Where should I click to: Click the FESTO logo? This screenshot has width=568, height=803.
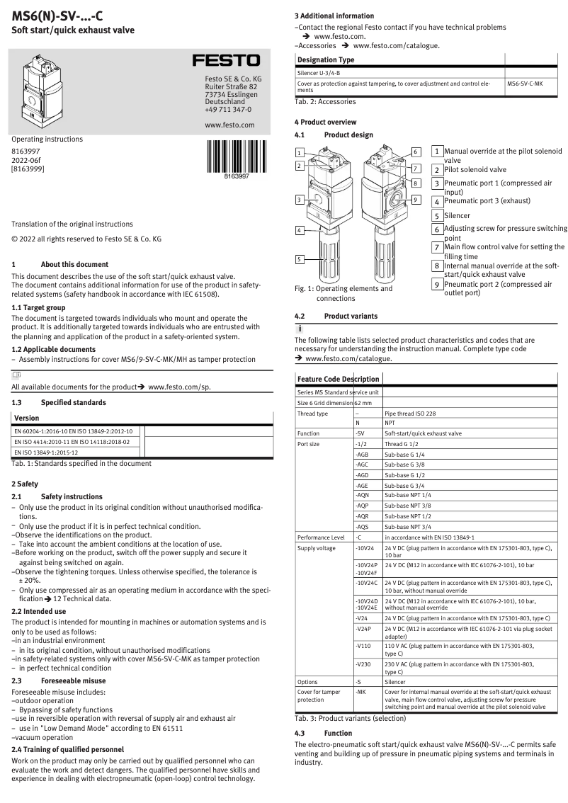point(227,62)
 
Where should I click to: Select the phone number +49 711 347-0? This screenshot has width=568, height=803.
point(228,110)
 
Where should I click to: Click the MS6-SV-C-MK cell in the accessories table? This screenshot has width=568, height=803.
point(525,83)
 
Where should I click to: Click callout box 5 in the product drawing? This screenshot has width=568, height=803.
point(300,260)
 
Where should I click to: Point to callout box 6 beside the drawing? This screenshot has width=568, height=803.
point(416,152)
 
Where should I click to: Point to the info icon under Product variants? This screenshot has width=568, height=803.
point(299,329)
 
